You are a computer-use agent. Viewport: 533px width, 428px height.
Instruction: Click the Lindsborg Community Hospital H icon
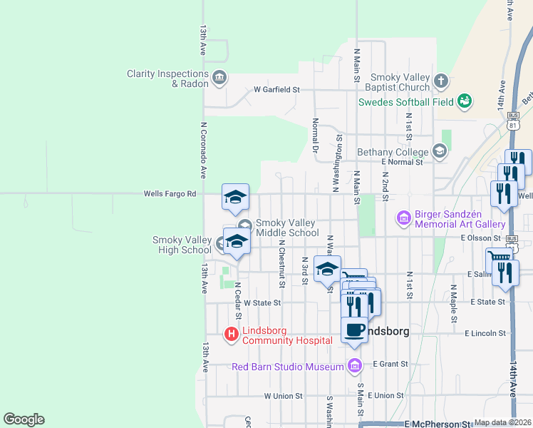tap(232, 333)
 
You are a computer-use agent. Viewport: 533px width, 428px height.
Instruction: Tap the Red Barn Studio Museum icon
tap(355, 367)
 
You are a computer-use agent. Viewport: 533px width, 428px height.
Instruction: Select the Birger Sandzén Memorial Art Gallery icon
tap(403, 217)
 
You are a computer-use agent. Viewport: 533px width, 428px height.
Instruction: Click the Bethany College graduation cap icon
tap(440, 151)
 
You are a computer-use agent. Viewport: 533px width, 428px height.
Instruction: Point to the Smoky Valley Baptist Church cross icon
tap(441, 81)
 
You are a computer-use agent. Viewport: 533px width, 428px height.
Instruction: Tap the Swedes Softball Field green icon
tap(465, 101)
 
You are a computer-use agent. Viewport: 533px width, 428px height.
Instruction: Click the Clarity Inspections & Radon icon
tap(219, 77)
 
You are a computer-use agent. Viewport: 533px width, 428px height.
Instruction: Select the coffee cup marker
tap(354, 330)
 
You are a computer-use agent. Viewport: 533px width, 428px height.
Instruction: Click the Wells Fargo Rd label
tap(170, 193)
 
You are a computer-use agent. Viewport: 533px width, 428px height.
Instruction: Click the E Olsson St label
tap(482, 237)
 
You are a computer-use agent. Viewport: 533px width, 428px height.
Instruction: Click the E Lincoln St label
tap(485, 333)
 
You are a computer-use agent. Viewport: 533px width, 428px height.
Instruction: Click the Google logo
tap(24, 419)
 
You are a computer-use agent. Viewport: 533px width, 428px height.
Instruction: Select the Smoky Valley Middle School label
tap(287, 228)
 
